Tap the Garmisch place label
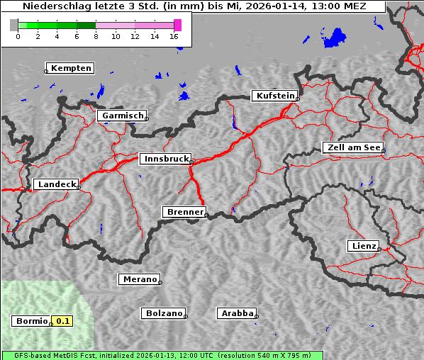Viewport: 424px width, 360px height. pyautogui.click(x=123, y=116)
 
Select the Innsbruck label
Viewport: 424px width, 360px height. pyautogui.click(x=164, y=159)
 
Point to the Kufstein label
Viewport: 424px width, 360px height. pyautogui.click(x=274, y=96)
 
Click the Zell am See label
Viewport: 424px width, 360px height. pyautogui.click(x=353, y=147)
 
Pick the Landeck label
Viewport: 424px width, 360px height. pyautogui.click(x=56, y=184)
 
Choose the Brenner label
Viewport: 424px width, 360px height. pyautogui.click(x=184, y=212)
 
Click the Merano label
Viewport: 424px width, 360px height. pyautogui.click(x=139, y=279)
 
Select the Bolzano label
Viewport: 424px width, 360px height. pyautogui.click(x=164, y=313)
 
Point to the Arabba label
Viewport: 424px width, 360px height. pyautogui.click(x=237, y=313)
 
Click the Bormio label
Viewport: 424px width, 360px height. pyautogui.click(x=32, y=321)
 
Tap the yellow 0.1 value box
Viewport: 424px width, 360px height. pyautogui.click(x=63, y=321)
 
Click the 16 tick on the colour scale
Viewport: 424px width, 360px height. pyautogui.click(x=174, y=36)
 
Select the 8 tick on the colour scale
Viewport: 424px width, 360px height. pyautogui.click(x=96, y=36)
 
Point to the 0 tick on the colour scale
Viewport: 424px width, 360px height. pyautogui.click(x=17, y=36)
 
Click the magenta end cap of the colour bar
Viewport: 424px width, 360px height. pyautogui.click(x=177, y=25)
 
